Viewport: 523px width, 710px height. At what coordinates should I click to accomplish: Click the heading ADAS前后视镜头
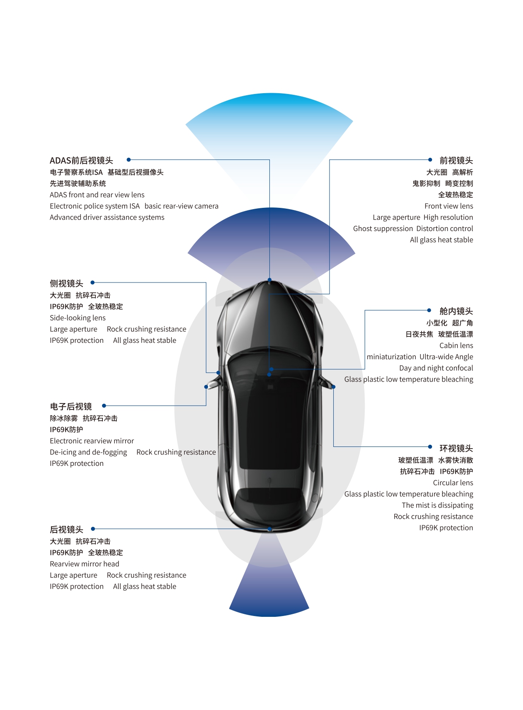(x=81, y=161)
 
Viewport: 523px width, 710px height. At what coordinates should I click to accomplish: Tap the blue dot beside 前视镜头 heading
(x=430, y=160)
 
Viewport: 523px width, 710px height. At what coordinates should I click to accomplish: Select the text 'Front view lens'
(x=448, y=206)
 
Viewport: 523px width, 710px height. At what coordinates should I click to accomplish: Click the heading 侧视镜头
(x=67, y=283)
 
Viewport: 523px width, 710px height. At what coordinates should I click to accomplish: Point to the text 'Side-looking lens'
(x=78, y=318)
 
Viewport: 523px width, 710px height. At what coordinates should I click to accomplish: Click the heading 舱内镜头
(x=456, y=311)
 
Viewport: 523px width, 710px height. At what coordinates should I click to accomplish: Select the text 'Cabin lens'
(x=456, y=346)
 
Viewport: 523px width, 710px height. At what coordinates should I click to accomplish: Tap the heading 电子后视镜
(x=71, y=406)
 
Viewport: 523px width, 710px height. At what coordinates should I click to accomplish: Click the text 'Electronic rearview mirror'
(x=92, y=441)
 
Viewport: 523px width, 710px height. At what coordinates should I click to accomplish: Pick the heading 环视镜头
(x=456, y=448)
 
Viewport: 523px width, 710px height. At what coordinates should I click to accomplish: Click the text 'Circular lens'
(x=453, y=483)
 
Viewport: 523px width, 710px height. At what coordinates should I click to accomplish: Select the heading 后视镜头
(x=67, y=530)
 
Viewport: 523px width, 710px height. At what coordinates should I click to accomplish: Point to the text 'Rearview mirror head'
(x=84, y=564)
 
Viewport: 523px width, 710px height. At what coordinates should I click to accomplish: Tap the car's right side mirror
(x=326, y=383)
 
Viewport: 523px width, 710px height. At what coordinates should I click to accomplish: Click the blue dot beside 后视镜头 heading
(x=93, y=529)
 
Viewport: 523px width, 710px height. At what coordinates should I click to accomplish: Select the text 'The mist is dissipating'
(x=437, y=505)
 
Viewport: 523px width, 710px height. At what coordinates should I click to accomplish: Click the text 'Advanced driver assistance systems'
(x=107, y=218)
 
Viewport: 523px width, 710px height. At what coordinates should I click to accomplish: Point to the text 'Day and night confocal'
(x=436, y=368)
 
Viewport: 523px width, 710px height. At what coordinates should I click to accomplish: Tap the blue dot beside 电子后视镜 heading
(x=104, y=406)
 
